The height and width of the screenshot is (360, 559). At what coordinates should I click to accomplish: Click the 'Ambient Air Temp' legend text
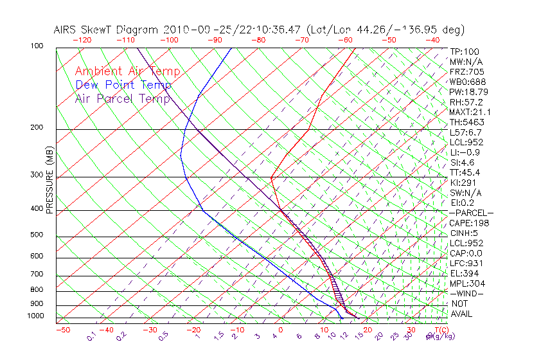click(127, 71)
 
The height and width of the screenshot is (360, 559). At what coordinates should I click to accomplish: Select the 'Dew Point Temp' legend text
click(123, 85)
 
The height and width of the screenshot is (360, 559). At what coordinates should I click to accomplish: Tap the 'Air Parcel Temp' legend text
click(122, 98)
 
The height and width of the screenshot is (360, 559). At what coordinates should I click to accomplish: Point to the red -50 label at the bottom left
click(62, 330)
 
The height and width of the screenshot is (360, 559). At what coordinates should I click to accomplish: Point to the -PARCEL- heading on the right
click(471, 213)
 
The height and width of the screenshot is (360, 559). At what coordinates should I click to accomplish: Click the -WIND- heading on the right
click(466, 293)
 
